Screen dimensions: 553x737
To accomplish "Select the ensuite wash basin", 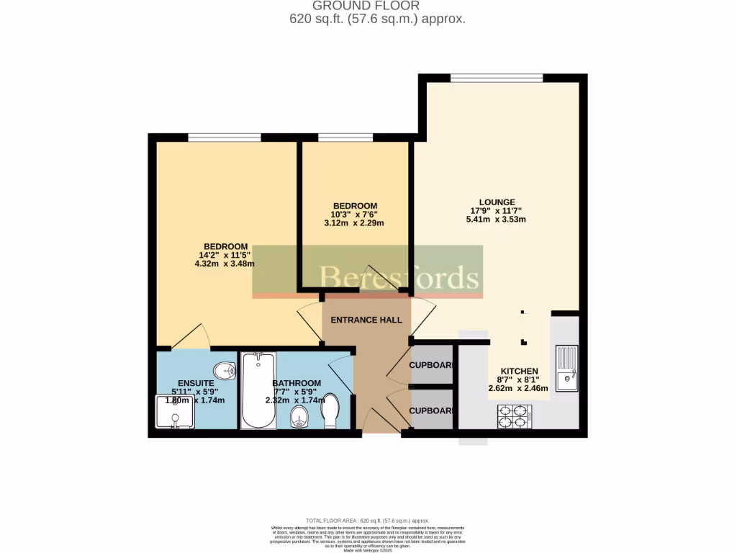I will pyautogui.click(x=225, y=370).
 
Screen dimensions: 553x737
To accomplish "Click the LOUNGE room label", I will pyautogui.click(x=497, y=202).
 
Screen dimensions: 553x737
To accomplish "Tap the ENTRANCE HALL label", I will pyautogui.click(x=366, y=320).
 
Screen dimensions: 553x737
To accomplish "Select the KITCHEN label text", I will pyautogui.click(x=519, y=371).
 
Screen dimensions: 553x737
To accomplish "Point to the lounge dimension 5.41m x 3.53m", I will pyautogui.click(x=497, y=220).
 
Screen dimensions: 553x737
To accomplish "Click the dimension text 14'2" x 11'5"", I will pyautogui.click(x=225, y=255).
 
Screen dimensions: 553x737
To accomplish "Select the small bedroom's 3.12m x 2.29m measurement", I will pyautogui.click(x=353, y=223).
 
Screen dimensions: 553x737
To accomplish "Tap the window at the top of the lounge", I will pyautogui.click(x=497, y=78).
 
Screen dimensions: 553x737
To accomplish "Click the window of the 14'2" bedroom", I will pyautogui.click(x=224, y=138).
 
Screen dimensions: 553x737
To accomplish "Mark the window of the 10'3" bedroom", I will pyautogui.click(x=345, y=138).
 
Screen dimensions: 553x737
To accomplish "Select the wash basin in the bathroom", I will pyautogui.click(x=299, y=417).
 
